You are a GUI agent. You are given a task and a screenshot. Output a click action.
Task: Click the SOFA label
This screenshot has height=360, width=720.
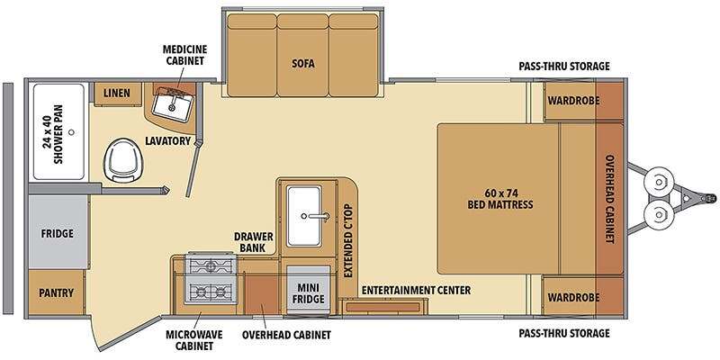pos(303,63)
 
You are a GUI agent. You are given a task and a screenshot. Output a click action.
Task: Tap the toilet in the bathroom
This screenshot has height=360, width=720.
pos(124,160)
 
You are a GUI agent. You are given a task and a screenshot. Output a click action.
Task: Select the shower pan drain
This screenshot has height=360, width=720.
pos(71,131)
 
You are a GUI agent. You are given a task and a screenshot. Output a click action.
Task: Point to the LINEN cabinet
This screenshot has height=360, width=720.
pos(117,94)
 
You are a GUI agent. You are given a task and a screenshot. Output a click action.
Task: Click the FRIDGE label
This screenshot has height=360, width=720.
pos(58,234)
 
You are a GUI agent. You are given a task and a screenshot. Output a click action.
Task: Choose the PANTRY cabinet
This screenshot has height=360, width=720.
pos(57,292)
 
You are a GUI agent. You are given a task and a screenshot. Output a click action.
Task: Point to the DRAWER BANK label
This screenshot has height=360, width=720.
pos(254,242)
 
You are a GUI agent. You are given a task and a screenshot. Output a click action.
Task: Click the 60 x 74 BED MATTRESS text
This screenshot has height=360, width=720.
pos(500,198)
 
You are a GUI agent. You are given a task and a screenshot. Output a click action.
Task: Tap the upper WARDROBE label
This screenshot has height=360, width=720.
pos(573,100)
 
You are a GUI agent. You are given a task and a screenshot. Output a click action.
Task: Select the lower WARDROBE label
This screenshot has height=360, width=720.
pos(573,298)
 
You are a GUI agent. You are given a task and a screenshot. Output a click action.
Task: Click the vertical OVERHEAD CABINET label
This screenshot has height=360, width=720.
pos(610,199)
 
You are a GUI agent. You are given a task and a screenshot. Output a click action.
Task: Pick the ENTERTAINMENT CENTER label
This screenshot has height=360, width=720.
pos(416,290)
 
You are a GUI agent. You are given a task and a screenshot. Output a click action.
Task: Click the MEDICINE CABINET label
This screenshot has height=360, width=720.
pos(184,55)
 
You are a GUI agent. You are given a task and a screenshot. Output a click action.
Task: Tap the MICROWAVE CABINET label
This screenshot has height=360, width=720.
pos(194,339)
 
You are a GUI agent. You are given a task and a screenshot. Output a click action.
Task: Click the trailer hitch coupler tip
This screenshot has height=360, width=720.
pos(712,198)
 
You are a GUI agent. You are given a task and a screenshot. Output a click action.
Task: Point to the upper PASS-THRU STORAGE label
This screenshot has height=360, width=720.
pos(564,66)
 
